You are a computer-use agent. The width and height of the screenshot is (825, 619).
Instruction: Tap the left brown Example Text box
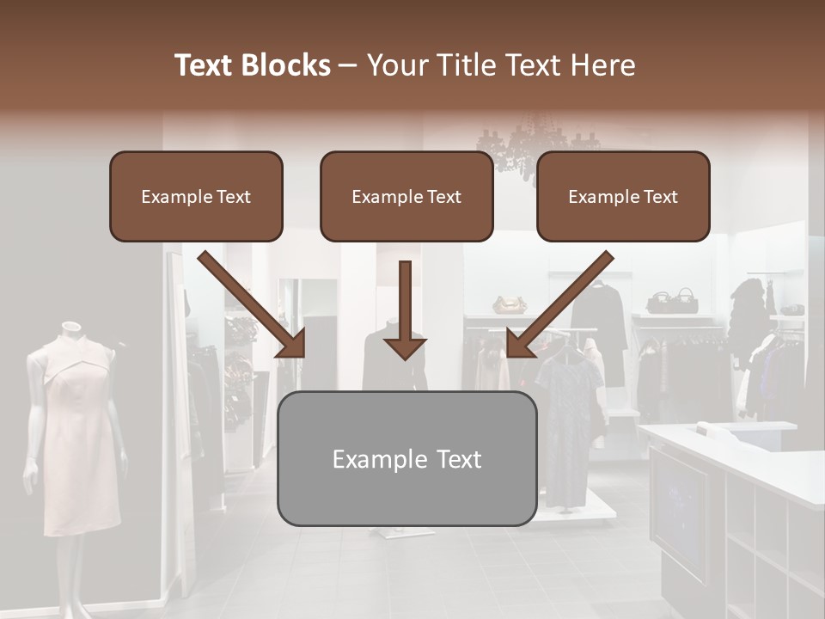click(196, 196)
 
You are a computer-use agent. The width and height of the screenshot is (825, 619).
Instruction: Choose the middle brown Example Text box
click(406, 196)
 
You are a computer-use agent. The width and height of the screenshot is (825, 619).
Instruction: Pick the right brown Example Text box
click(623, 196)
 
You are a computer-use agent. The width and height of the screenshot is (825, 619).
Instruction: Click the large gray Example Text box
click(406, 458)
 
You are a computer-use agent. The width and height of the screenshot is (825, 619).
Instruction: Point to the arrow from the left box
click(254, 305)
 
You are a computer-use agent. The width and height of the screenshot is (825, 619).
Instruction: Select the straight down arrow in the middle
click(405, 309)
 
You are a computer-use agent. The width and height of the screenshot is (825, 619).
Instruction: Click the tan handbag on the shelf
click(510, 304)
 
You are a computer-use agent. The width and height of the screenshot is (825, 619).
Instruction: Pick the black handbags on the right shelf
click(673, 301)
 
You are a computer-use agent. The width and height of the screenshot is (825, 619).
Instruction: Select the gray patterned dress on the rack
click(567, 421)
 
